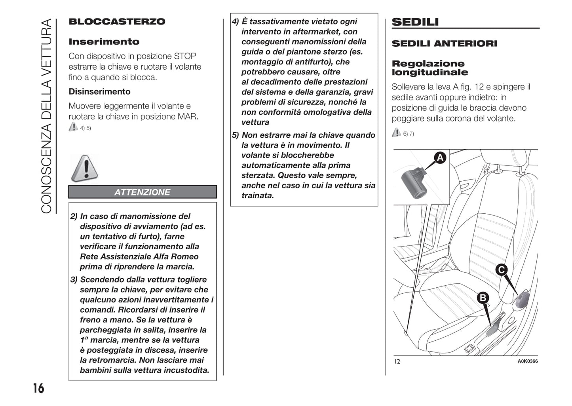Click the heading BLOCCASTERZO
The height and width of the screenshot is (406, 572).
click(x=117, y=22)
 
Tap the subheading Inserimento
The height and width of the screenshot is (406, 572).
click(x=104, y=42)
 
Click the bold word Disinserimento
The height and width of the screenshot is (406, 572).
click(x=99, y=91)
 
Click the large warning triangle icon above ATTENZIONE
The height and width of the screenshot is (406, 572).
click(x=84, y=168)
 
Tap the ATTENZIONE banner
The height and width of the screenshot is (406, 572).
click(x=143, y=192)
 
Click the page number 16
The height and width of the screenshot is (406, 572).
click(x=38, y=388)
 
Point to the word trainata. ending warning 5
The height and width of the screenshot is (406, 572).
click(x=258, y=195)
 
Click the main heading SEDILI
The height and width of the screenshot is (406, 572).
click(x=415, y=22)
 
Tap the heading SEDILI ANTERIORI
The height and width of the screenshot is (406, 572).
click(x=444, y=44)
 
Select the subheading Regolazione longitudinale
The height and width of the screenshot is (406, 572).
click(x=429, y=68)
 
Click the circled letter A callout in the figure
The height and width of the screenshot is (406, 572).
click(x=440, y=157)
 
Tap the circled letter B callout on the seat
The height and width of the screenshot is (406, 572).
click(x=483, y=298)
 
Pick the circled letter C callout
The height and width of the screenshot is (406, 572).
click(x=501, y=270)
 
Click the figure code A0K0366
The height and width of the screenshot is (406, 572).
click(x=527, y=361)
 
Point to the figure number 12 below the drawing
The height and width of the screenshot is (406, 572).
click(x=397, y=361)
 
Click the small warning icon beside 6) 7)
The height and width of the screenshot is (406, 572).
click(x=396, y=133)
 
